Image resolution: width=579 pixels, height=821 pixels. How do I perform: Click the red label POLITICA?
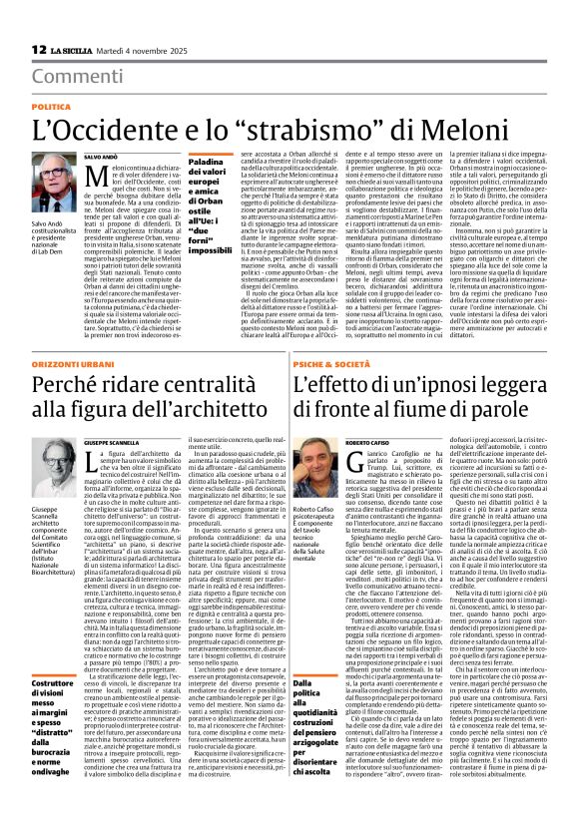click(51, 106)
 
